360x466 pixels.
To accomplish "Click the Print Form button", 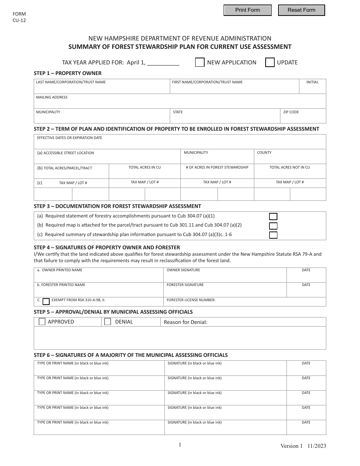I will pyautogui.click(x=247, y=10).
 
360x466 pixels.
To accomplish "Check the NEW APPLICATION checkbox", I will pyautogui.click(x=200, y=63).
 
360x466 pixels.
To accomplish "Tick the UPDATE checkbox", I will pyautogui.click(x=270, y=63).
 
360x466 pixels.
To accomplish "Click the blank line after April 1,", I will pyautogui.click(x=163, y=63).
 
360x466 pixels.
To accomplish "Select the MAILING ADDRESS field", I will pyautogui.click(x=180, y=103).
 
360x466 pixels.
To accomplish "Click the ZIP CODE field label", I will pyautogui.click(x=291, y=112).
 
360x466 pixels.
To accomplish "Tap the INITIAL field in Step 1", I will pyautogui.click(x=313, y=88).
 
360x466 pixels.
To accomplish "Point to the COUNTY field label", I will pyautogui.click(x=264, y=153).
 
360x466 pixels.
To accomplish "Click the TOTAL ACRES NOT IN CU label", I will pyautogui.click(x=290, y=167).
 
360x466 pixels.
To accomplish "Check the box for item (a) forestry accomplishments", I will pyautogui.click(x=273, y=217).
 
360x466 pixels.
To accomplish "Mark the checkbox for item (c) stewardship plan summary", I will pyautogui.click(x=273, y=235).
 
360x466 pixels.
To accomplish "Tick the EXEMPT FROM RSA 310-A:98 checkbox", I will pyautogui.click(x=46, y=302).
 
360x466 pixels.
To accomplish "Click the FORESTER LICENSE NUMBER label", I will pyautogui.click(x=191, y=300).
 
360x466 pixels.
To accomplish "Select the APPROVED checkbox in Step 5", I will pyautogui.click(x=42, y=322).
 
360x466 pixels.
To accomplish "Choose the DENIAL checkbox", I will pyautogui.click(x=108, y=322).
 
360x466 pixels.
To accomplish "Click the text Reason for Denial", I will pyautogui.click(x=185, y=322).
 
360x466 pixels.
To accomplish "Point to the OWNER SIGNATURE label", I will pyautogui.click(x=183, y=270).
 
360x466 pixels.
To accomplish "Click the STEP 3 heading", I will pyautogui.click(x=117, y=206).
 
